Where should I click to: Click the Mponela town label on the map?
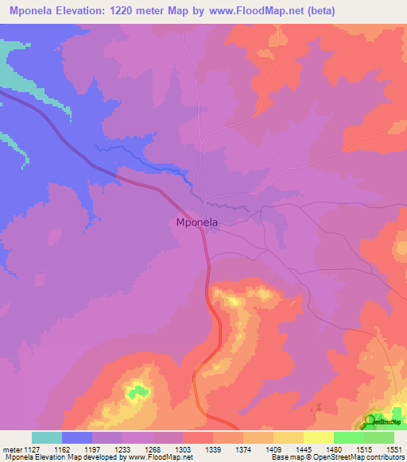196,223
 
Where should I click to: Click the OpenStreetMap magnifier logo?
371,421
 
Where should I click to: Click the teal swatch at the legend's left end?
46,437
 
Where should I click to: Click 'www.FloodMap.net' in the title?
242,11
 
